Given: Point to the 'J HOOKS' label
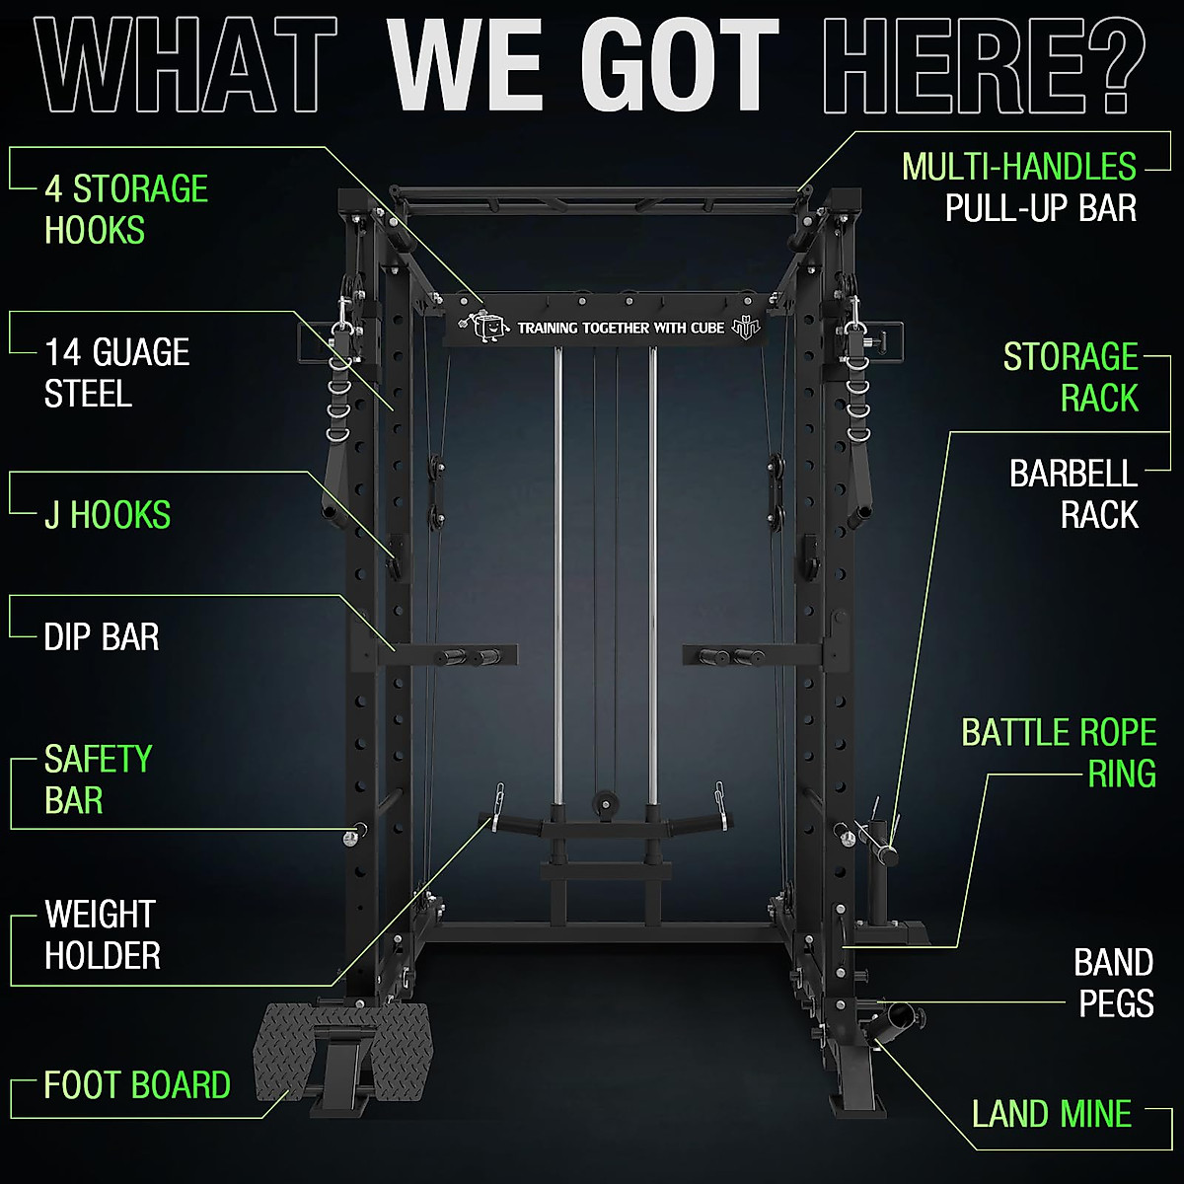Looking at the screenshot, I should coord(108,515).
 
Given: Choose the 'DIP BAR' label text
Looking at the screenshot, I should coord(102,637).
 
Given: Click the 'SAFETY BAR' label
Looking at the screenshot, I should coord(98,779).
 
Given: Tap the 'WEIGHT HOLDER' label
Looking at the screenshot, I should coord(102,935).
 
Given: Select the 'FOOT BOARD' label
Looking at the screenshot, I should coord(137,1085).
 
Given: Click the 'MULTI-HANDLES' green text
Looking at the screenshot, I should coord(1019,167).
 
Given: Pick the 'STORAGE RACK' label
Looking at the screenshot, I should coord(1071,377).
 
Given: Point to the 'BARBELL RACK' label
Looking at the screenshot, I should coord(1073,494).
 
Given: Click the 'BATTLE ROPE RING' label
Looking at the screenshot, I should coord(1059,753).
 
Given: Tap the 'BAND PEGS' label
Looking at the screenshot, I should coord(1114,983).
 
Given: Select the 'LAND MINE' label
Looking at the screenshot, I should coord(1051,1115).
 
